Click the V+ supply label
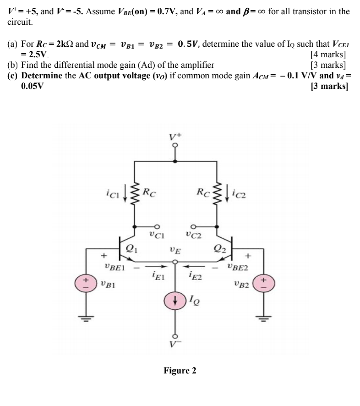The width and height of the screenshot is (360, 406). point(175,136)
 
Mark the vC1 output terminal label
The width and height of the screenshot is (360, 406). point(154,237)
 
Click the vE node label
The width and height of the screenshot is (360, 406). point(175,251)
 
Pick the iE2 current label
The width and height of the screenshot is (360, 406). point(195,276)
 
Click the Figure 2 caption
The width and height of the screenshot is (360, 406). point(180,370)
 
